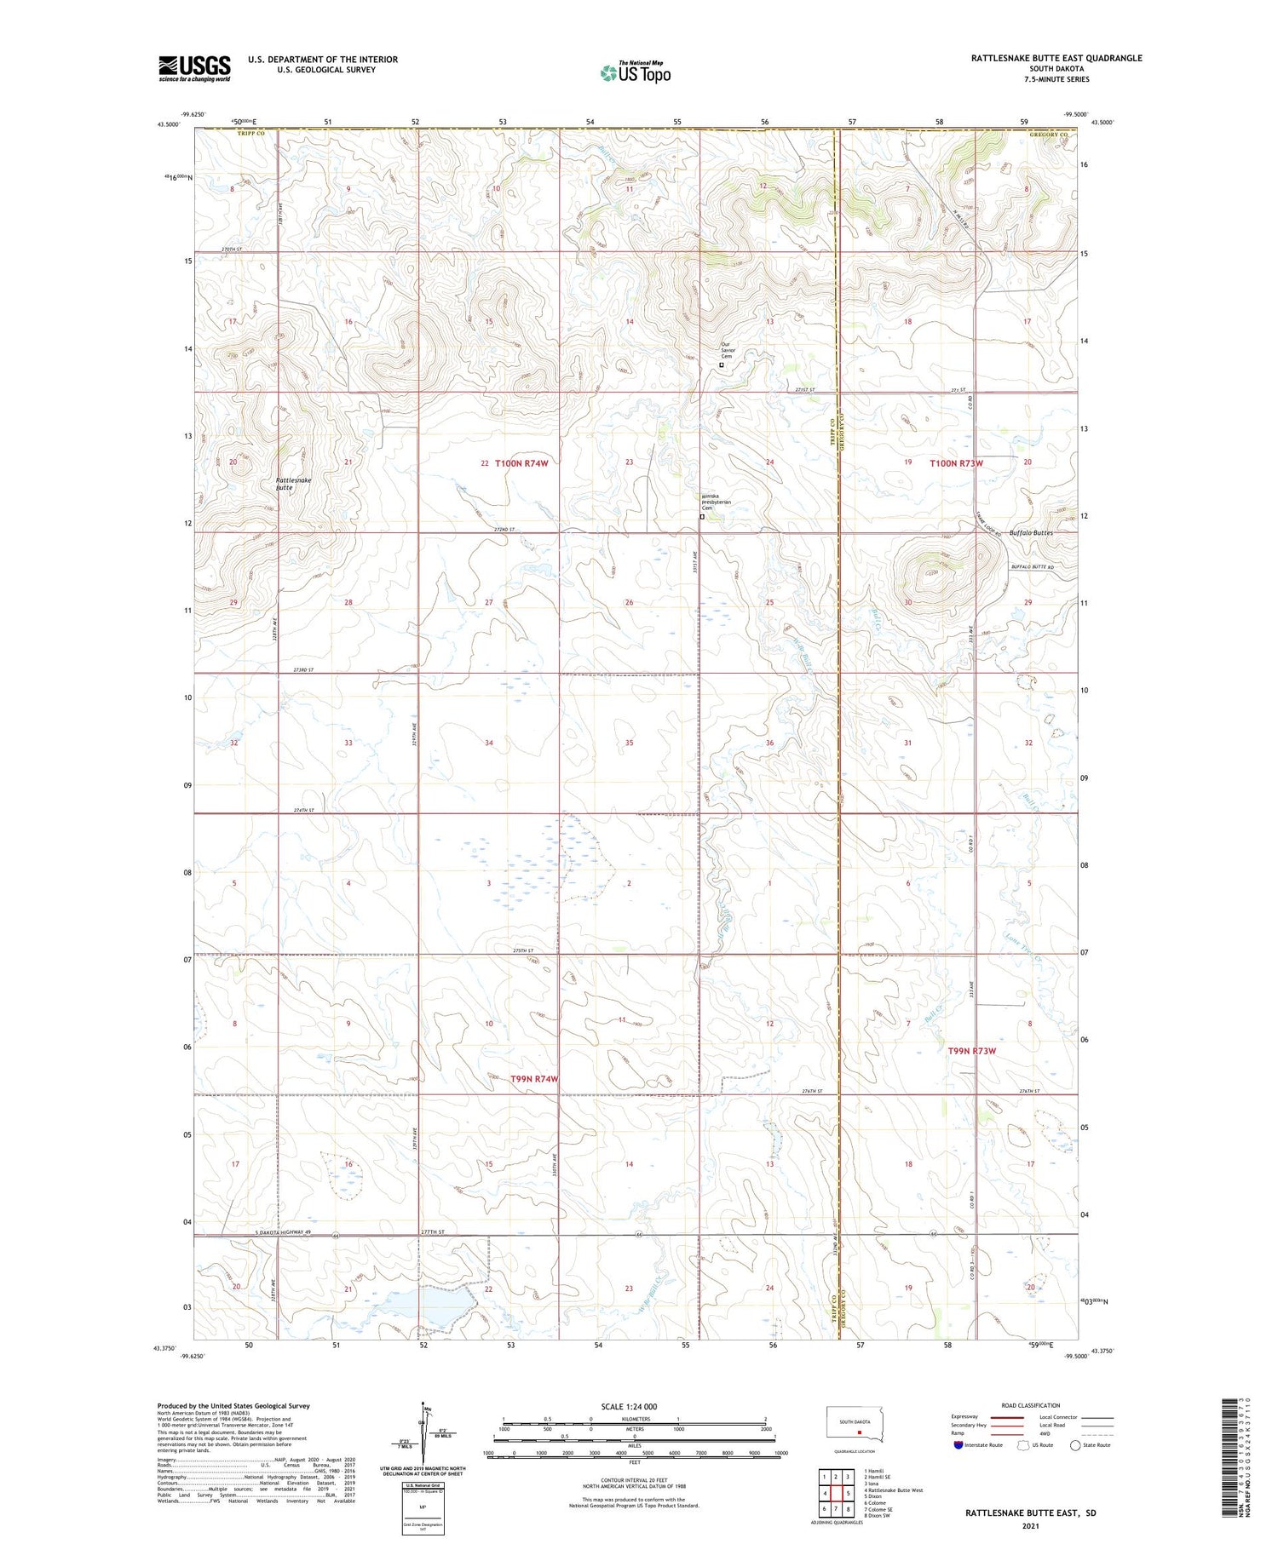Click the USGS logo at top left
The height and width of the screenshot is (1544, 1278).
[x=194, y=68]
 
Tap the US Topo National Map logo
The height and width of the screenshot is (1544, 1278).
[x=636, y=72]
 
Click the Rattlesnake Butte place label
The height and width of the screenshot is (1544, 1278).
[x=294, y=483]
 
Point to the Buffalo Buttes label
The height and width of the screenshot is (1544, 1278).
[x=1031, y=533]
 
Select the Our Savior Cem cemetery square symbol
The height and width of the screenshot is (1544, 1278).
[x=722, y=365]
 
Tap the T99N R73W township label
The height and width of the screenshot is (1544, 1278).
[x=971, y=1051]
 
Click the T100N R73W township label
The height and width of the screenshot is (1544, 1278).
[x=956, y=463]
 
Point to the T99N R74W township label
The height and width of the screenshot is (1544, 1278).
[x=534, y=1079]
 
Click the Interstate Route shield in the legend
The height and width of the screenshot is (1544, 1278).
[x=959, y=1445]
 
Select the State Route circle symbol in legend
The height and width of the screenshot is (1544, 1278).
[x=1075, y=1445]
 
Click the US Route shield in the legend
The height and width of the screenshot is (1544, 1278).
[x=1022, y=1445]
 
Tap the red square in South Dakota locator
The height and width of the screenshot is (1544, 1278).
[x=860, y=1432]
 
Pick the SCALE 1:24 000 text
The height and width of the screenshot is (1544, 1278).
[x=629, y=1406]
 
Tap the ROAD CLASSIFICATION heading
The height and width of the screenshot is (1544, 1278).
[x=1031, y=1405]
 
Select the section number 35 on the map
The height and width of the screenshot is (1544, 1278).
[x=630, y=743]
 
